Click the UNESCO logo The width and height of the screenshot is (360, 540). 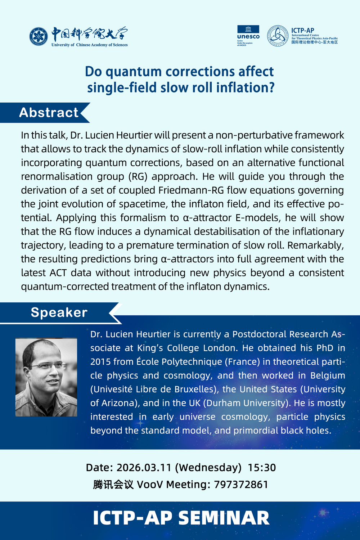(x=248, y=35)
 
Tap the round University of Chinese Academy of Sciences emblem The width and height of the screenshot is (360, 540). (x=39, y=36)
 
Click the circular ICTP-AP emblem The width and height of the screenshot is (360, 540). (x=278, y=36)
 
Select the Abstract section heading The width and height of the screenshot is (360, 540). (x=49, y=113)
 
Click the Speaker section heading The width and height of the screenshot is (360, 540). (x=59, y=312)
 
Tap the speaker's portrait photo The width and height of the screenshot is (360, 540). (x=46, y=377)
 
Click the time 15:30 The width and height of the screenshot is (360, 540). (x=262, y=468)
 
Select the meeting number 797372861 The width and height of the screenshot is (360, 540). (x=241, y=485)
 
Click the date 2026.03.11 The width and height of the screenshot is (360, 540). (x=144, y=468)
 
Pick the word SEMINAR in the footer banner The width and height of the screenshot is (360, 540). (x=224, y=518)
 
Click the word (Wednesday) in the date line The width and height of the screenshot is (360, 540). (x=208, y=468)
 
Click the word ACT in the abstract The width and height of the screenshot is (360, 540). (x=58, y=273)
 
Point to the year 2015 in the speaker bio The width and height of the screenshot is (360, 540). (x=100, y=362)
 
